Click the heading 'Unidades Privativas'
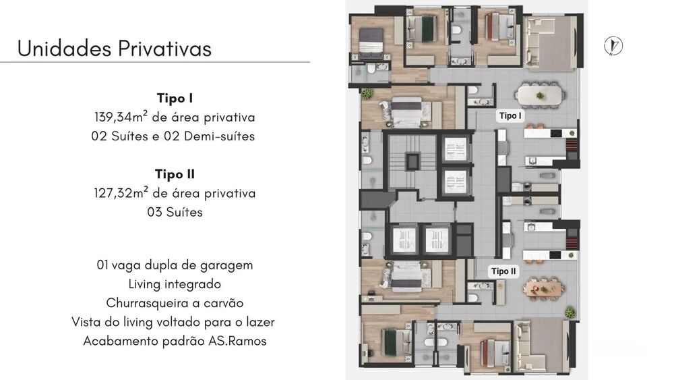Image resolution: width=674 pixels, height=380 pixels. pyautogui.click(x=114, y=49)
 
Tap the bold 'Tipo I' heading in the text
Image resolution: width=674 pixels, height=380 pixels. pyautogui.click(x=175, y=98)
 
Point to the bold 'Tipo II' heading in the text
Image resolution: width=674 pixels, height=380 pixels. pyautogui.click(x=175, y=174)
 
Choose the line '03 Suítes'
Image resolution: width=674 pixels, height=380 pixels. pyautogui.click(x=175, y=212)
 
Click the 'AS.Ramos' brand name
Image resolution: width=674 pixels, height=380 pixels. pyautogui.click(x=239, y=341)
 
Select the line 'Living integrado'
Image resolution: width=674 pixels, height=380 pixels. pyautogui.click(x=175, y=284)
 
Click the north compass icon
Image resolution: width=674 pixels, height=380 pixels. pyautogui.click(x=613, y=46)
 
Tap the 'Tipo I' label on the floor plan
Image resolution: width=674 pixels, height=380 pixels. pyautogui.click(x=510, y=116)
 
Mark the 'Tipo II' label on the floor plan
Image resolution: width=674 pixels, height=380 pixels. pyautogui.click(x=504, y=271)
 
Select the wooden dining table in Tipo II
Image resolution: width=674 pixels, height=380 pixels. pyautogui.click(x=543, y=288)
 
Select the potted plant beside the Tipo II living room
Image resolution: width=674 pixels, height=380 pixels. pyautogui.click(x=570, y=313)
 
